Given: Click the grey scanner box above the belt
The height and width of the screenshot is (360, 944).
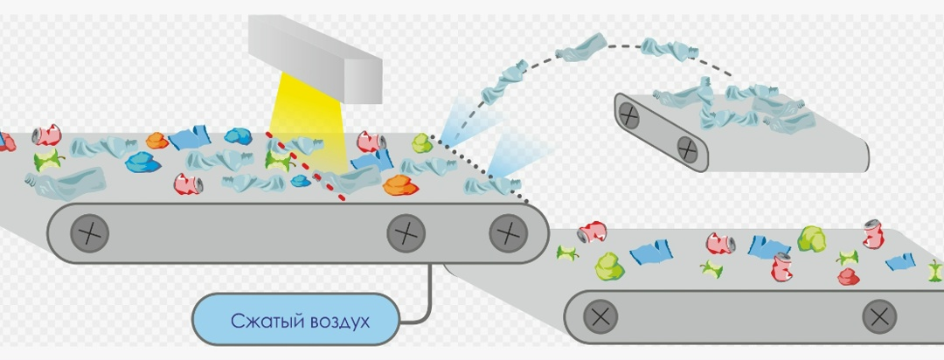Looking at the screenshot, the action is pos(316,56).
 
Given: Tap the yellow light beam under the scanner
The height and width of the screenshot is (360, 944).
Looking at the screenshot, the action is pos(307,127).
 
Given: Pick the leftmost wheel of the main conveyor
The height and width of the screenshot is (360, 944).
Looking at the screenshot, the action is pos(90,233).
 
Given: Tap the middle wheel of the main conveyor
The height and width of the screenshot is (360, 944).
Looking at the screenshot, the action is pos(406,233).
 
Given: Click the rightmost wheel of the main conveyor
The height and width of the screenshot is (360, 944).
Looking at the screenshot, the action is pos(509,233).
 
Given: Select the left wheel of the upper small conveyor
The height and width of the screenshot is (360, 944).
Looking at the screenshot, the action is pos(628,115).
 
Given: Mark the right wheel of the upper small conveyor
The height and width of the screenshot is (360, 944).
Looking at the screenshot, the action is pos(687,149).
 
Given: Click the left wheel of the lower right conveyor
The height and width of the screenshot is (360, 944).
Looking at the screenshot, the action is pos(600,316).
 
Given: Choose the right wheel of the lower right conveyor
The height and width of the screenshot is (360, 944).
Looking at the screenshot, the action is pos(879,316).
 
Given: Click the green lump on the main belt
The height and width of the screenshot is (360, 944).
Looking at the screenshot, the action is pos(422,143).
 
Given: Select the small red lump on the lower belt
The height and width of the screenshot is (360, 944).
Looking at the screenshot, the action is pos(848,276).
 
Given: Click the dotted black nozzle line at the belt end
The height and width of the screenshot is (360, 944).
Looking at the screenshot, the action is pos(482,169).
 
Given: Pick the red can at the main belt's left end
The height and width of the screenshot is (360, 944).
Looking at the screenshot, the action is pos(47,135).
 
